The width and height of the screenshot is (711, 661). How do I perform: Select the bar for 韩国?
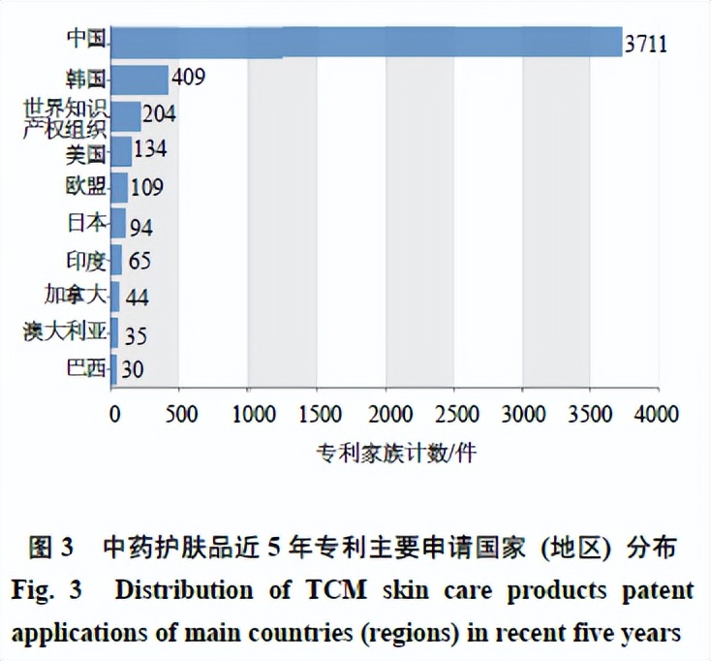click(x=140, y=79)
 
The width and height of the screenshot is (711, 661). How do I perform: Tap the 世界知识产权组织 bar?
click(x=127, y=114)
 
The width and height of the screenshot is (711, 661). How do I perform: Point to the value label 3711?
click(x=646, y=44)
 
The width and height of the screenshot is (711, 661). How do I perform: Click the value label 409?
click(x=187, y=77)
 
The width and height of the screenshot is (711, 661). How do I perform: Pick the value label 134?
click(x=150, y=150)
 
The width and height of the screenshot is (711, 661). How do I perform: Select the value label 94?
click(x=140, y=227)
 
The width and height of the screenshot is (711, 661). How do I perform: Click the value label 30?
click(x=134, y=371)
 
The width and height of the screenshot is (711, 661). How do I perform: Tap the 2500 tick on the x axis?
click(x=453, y=414)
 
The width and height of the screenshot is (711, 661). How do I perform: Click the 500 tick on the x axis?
click(x=181, y=414)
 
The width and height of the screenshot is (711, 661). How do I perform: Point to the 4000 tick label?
click(x=658, y=414)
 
